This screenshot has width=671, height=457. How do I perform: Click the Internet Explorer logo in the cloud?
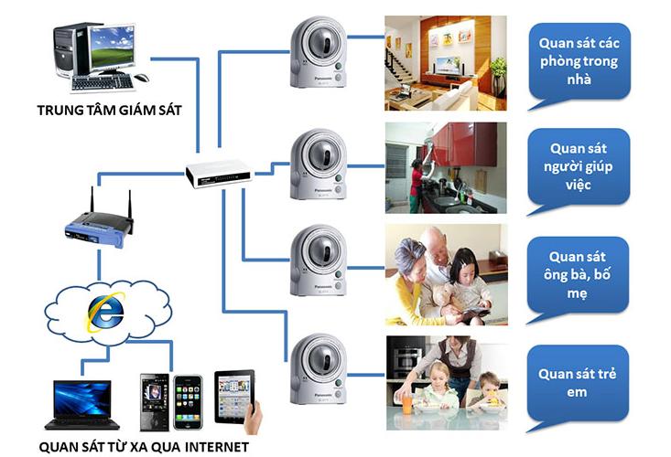[105, 312]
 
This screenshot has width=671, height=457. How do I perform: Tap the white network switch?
[218, 174]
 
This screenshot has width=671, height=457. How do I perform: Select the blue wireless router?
[99, 229]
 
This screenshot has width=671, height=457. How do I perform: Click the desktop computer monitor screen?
[113, 46]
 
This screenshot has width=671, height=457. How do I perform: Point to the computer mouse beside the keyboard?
[141, 78]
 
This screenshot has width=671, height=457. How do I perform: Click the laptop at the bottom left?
[82, 405]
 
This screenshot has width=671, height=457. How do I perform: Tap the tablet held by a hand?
[234, 398]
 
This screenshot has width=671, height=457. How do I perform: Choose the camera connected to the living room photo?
[318, 52]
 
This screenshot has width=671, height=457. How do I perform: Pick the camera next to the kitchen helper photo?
[318, 165]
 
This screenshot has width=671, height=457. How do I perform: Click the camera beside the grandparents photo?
[318, 260]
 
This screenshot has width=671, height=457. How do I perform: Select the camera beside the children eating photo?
[318, 369]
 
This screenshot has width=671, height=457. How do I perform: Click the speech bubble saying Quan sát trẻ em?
[577, 388]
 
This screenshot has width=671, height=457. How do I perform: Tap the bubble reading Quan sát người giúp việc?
[579, 171]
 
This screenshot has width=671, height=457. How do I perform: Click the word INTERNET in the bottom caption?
[217, 447]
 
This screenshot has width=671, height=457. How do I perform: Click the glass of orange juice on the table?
[407, 403]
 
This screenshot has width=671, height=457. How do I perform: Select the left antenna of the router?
[92, 200]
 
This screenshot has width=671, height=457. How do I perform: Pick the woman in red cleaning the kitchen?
[417, 185]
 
